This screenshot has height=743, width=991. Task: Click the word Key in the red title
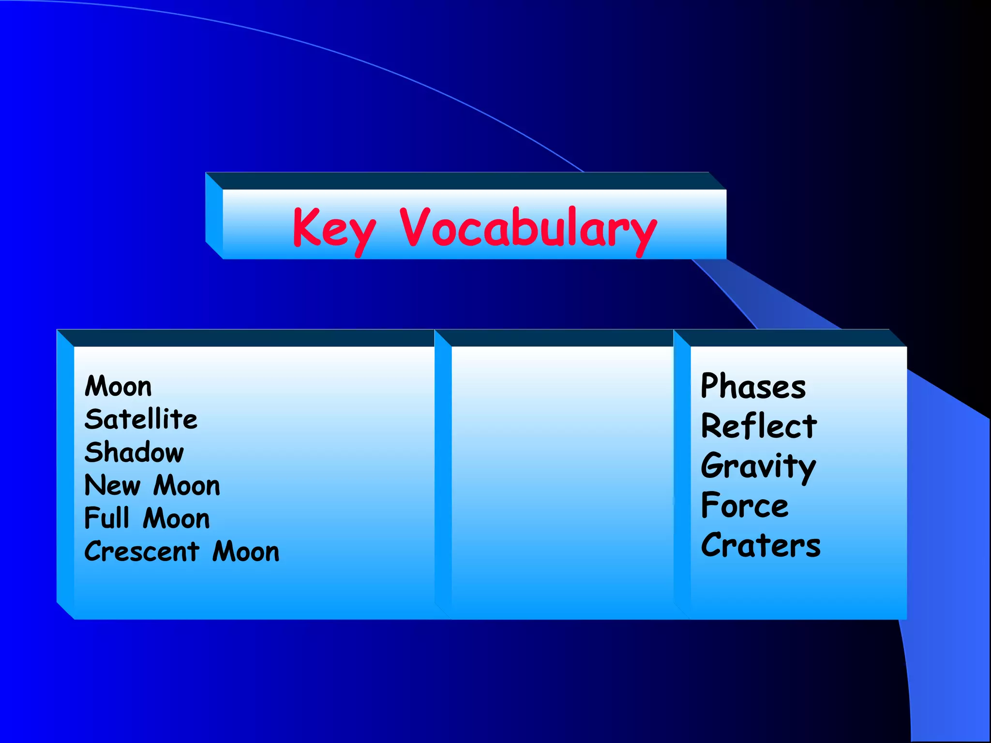334,228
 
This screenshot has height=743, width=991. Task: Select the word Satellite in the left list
141,419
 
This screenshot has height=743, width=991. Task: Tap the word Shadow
134,452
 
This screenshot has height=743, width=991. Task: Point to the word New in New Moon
112,485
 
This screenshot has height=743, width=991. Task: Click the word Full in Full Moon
107,518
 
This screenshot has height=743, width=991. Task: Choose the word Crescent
142,551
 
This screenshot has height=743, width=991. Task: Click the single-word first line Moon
118,386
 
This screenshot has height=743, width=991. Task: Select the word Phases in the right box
753,386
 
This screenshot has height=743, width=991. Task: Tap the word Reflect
759,426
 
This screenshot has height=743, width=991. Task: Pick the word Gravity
758,466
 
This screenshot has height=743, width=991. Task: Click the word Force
745,506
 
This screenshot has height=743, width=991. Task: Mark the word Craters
761,546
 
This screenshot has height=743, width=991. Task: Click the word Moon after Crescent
246,551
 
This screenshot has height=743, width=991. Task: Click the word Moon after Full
177,518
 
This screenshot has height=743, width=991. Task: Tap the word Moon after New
187,485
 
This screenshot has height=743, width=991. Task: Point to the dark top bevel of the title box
465,181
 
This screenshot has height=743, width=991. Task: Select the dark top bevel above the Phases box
789,338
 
